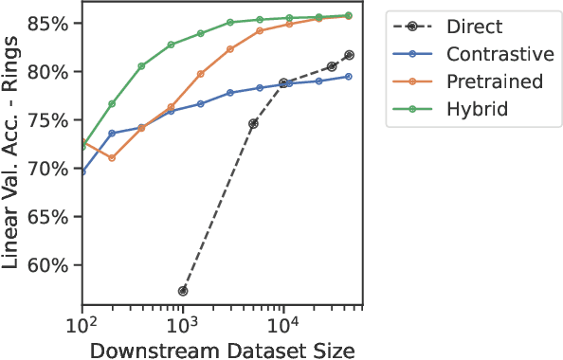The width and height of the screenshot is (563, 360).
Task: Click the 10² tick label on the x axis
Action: coord(83,325)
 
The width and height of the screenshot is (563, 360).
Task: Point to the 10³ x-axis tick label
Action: coord(183,325)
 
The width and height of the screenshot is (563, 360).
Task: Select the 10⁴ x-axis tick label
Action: coord(283,325)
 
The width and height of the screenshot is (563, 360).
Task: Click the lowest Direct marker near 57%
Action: coord(183,291)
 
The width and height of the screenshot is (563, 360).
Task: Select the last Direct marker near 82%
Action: coord(349,55)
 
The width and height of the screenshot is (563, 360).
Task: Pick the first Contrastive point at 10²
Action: coord(83,172)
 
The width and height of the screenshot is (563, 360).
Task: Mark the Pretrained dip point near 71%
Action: coord(112,158)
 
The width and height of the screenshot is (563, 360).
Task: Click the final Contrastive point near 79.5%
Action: coord(349,76)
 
